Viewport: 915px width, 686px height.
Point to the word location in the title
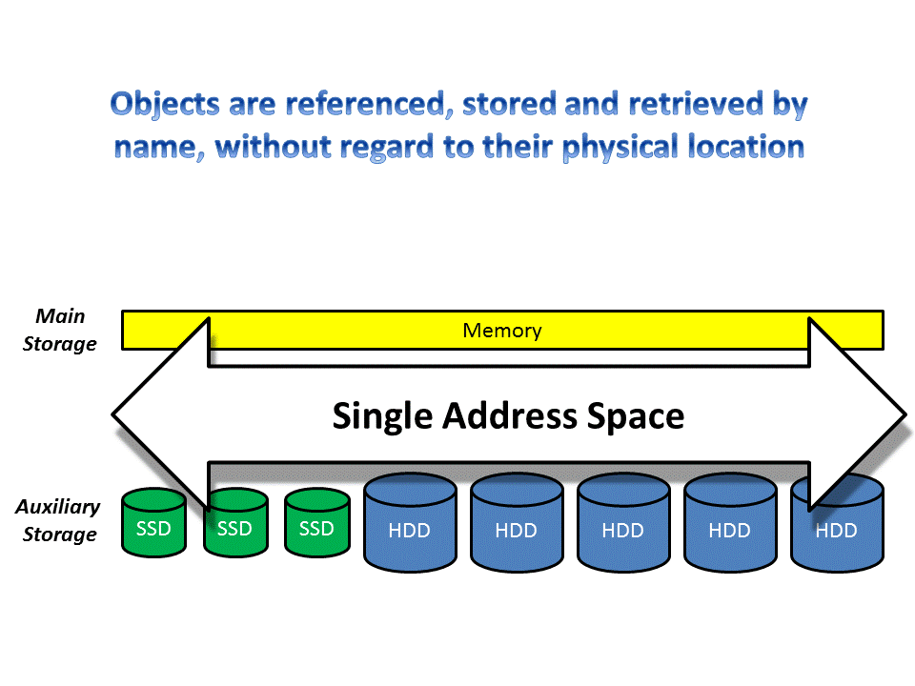752,147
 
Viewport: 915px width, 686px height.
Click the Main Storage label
60,330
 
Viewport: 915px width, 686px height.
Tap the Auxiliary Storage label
58,520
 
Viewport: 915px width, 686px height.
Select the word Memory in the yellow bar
501,331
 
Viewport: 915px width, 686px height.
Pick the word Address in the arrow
506,416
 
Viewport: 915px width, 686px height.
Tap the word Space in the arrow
636,416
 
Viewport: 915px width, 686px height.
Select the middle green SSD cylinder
234,527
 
